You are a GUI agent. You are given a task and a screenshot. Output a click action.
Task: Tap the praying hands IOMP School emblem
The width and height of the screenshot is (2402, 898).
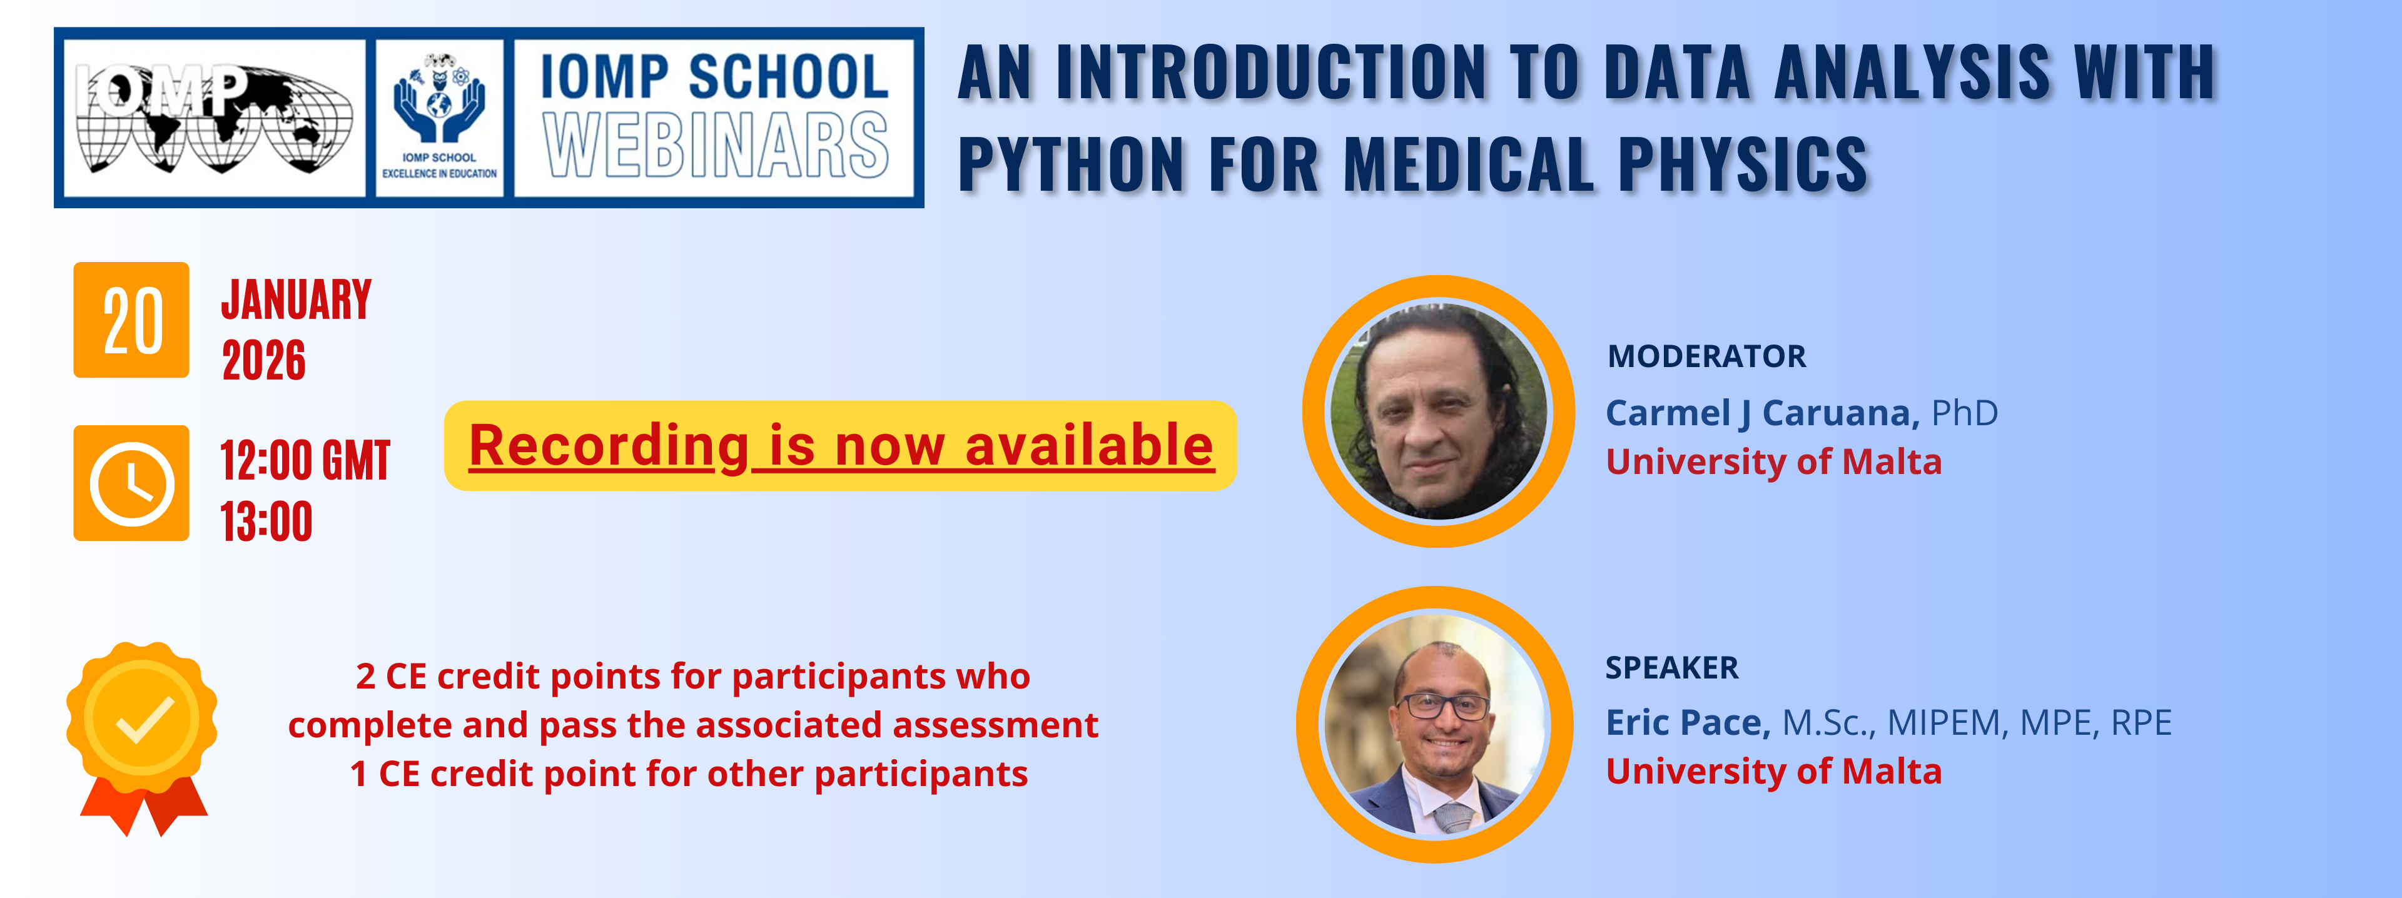(x=439, y=99)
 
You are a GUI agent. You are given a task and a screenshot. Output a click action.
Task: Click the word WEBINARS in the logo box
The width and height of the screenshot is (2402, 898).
(x=715, y=146)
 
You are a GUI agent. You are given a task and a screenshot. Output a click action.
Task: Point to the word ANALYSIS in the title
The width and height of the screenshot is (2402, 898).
(x=1912, y=72)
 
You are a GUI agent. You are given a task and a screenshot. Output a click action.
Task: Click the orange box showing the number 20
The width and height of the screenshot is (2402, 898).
(x=131, y=320)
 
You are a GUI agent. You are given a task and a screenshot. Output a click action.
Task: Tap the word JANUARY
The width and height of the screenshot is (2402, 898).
(x=296, y=300)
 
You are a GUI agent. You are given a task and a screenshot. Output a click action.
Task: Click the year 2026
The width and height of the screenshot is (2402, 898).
(x=264, y=361)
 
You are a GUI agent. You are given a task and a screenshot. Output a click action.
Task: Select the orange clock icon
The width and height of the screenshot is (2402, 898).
(x=131, y=483)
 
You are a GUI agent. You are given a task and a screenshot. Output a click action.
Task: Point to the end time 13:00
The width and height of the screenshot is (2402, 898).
(x=266, y=522)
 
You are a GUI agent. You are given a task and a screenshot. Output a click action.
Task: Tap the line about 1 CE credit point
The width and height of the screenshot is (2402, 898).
(x=689, y=774)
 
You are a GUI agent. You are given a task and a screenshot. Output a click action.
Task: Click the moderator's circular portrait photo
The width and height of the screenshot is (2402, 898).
(x=1439, y=411)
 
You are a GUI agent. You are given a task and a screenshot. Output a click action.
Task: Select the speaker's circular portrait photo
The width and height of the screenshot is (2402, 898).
(x=1435, y=724)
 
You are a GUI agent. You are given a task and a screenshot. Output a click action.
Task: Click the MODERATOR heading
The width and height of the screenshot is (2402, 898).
(x=1706, y=356)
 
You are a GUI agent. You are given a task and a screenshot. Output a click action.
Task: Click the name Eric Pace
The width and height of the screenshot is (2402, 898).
(x=1688, y=723)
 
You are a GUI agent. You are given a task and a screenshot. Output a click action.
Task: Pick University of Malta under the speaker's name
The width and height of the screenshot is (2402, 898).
(x=1773, y=772)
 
